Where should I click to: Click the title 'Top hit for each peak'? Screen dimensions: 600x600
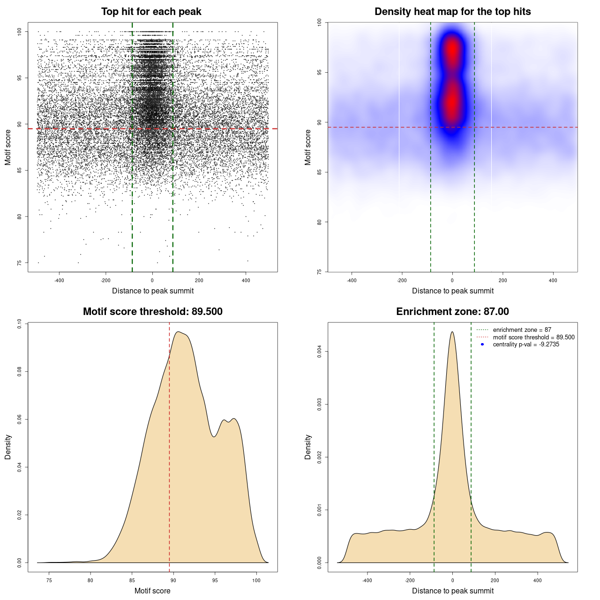point(151,12)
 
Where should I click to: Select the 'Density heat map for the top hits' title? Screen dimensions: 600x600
point(452,12)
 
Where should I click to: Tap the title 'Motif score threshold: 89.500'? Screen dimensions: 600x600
point(152,312)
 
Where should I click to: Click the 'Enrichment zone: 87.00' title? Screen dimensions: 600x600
point(452,312)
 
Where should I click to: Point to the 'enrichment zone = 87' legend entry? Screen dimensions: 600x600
point(522,330)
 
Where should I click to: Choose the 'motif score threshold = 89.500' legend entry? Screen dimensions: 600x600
point(533,337)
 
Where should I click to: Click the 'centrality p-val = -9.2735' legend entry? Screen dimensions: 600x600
point(526,345)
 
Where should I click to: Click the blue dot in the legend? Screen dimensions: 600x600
point(482,345)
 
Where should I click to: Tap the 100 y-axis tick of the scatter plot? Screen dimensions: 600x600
point(20,31)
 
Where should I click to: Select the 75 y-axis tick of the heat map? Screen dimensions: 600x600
point(319,271)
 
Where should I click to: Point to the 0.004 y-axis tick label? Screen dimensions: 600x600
point(319,352)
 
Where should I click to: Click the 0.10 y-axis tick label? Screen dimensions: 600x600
point(20,323)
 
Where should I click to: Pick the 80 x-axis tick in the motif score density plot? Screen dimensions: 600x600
point(90,580)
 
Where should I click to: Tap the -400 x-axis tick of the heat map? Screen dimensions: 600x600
point(352,280)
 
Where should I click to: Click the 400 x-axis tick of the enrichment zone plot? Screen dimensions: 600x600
point(537,580)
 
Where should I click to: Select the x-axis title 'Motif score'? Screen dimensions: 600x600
point(152,591)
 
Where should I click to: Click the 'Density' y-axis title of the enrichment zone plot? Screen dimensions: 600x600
point(308,447)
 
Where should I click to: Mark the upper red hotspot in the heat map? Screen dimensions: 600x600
point(452,49)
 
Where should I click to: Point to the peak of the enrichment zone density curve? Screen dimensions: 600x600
point(452,332)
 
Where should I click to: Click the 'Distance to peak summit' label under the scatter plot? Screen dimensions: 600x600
point(153,291)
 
